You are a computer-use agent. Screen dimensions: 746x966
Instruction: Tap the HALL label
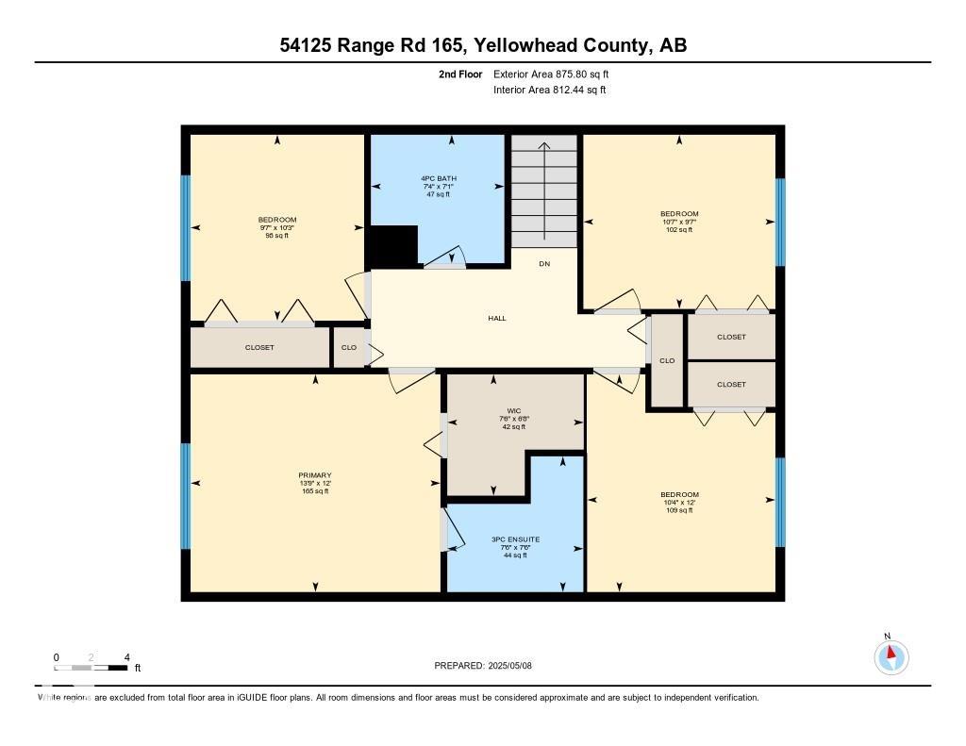point(497,318)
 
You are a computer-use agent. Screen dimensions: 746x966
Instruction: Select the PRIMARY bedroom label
point(315,475)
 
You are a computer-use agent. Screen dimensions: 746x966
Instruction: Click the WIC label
point(514,410)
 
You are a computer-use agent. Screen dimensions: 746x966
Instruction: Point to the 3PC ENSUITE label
point(514,539)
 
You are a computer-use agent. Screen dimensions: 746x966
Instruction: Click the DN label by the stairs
point(544,264)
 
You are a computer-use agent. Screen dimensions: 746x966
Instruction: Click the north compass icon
point(891,655)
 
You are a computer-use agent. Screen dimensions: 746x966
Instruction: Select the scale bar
point(92,668)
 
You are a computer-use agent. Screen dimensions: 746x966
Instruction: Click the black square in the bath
point(391,246)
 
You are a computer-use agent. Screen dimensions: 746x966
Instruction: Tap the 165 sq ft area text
point(315,491)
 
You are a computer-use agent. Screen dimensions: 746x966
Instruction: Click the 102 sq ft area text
point(679,229)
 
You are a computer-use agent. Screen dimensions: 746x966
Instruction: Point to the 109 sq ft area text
point(679,510)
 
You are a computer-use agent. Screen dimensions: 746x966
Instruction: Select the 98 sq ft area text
point(277,235)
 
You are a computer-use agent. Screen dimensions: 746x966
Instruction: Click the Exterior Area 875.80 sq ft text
point(558,74)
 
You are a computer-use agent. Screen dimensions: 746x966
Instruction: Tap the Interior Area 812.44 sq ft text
point(549,90)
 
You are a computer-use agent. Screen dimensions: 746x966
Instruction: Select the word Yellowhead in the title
point(522,44)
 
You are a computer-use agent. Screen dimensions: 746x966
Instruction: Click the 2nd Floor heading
point(461,74)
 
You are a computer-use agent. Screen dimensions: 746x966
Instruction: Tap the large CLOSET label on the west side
point(259,347)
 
